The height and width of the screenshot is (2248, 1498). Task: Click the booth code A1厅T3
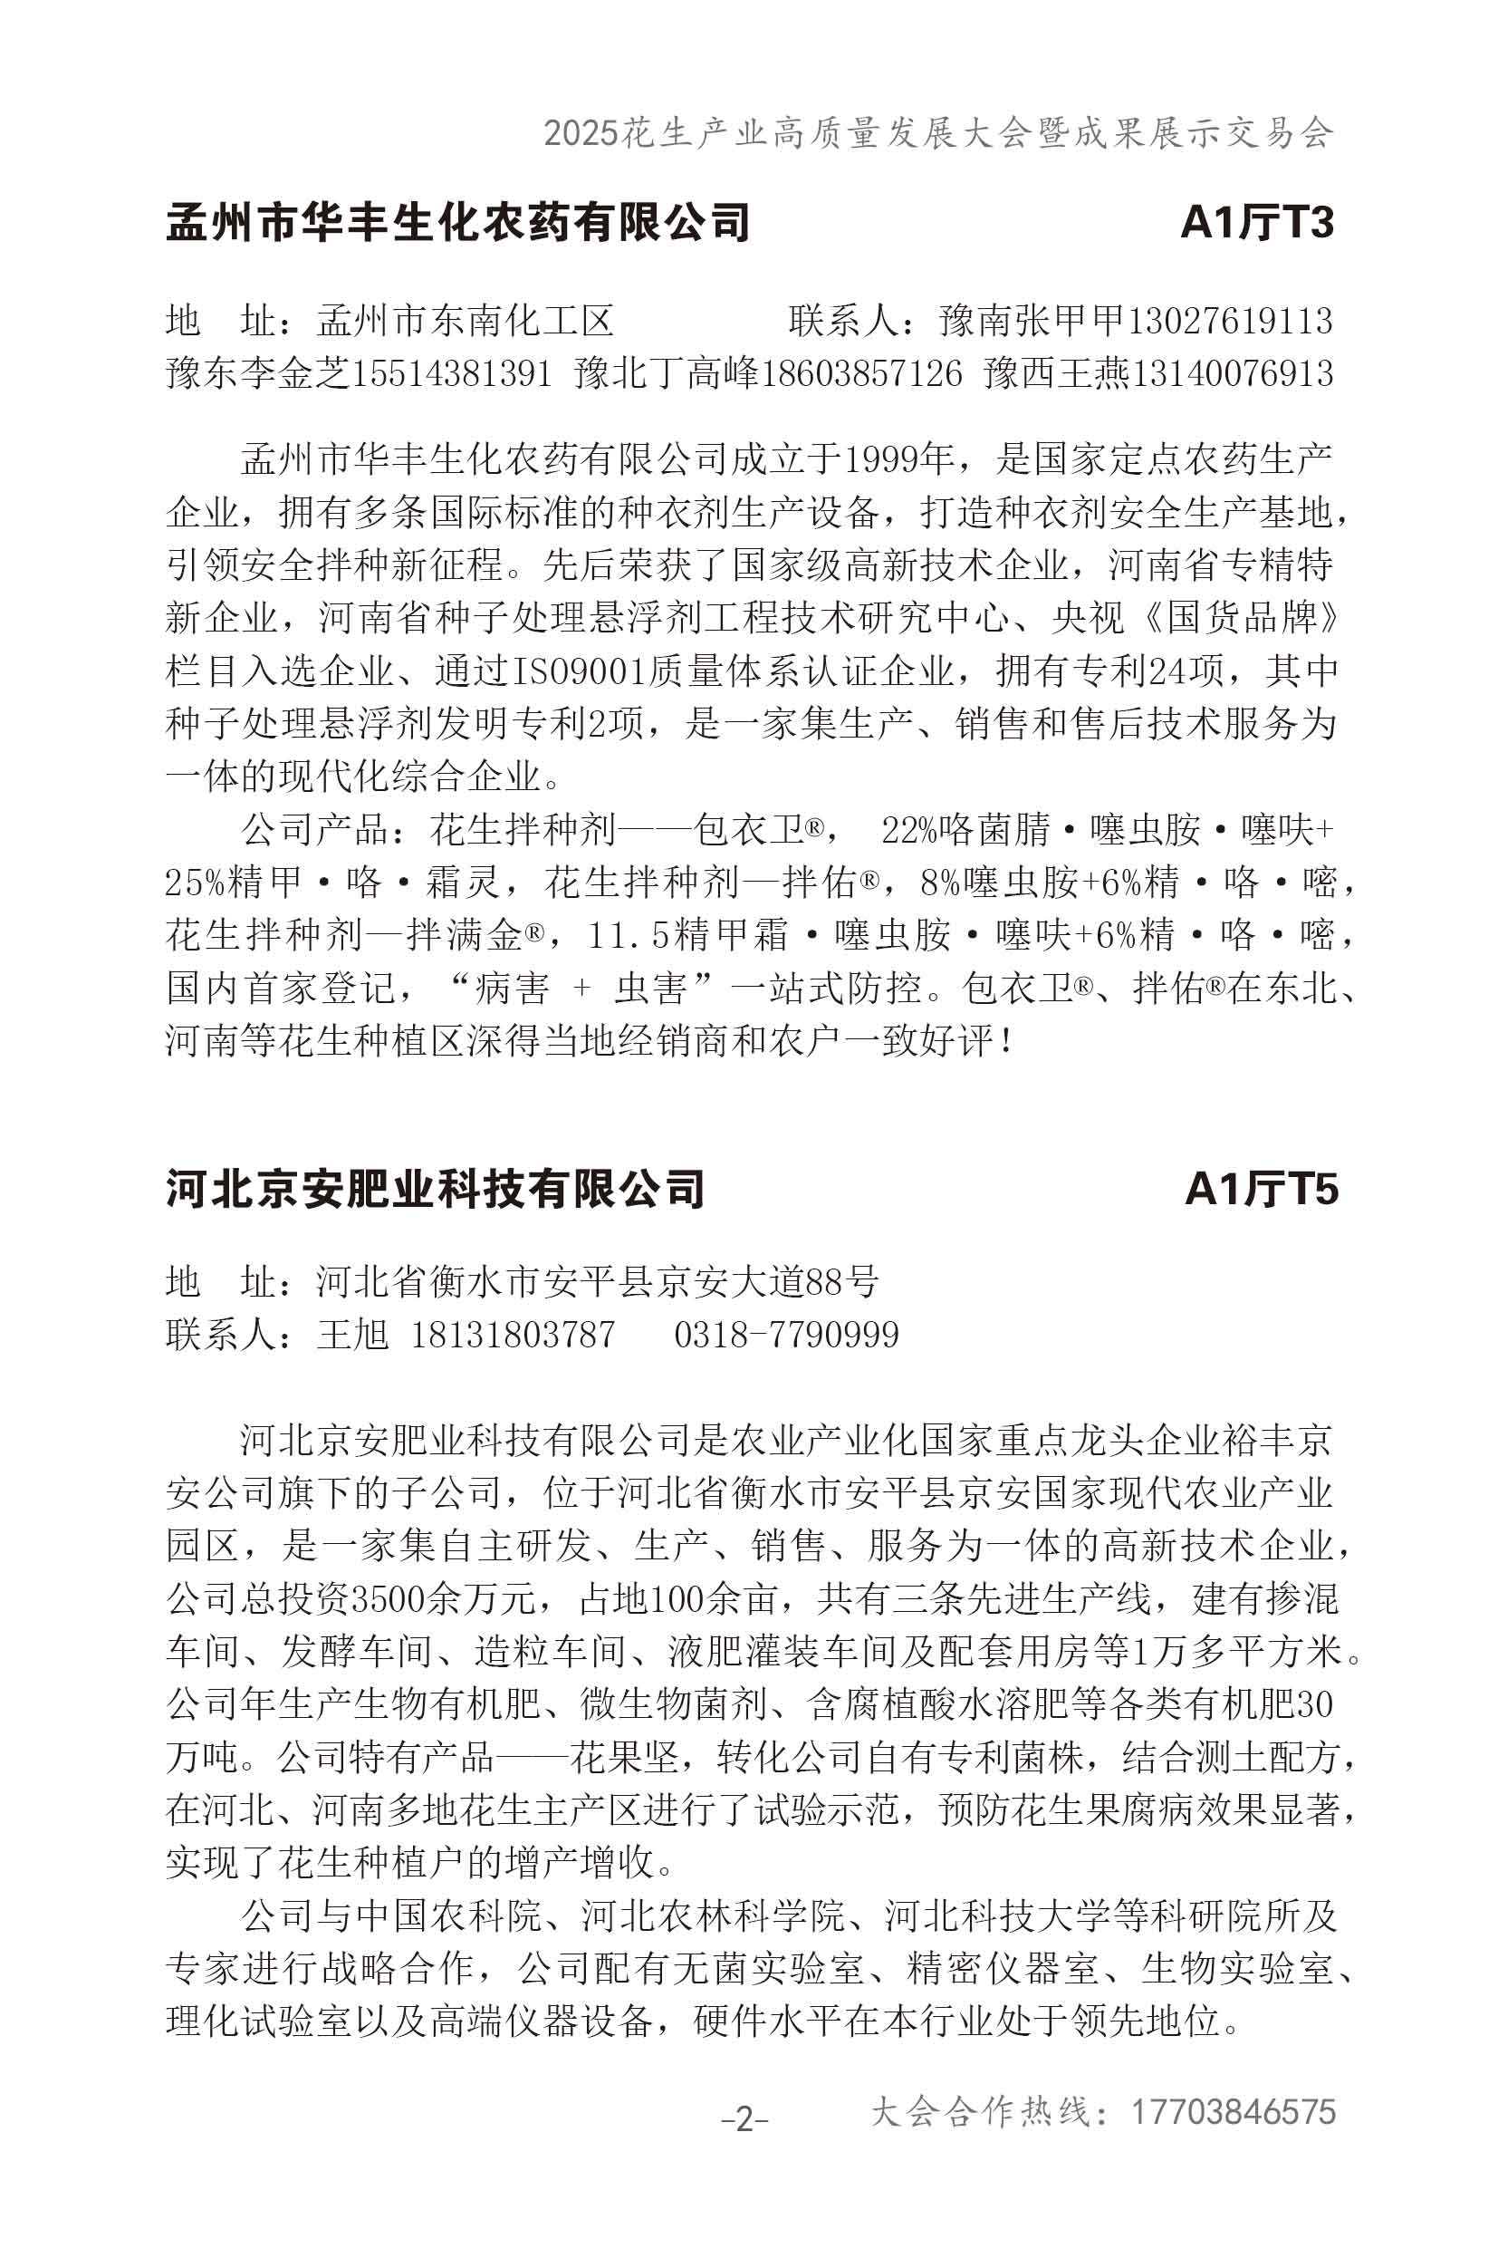click(1256, 222)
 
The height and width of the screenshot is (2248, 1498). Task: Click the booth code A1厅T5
click(1261, 1189)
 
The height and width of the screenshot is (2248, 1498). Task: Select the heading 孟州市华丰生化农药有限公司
click(457, 222)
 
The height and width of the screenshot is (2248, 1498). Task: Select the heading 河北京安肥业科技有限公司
click(436, 1189)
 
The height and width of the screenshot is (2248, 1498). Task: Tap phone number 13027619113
click(1231, 321)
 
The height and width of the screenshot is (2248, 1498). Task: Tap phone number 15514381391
click(453, 372)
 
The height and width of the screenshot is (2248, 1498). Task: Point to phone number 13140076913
click(1232, 372)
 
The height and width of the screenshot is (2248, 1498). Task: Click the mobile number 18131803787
click(513, 1335)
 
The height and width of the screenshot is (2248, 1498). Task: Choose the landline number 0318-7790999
click(786, 1335)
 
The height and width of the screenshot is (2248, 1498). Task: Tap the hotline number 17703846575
click(1234, 2111)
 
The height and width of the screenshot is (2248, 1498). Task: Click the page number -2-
click(744, 2120)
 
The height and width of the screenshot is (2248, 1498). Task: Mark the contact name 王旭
click(352, 1335)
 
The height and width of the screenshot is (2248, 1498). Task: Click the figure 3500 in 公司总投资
click(389, 1598)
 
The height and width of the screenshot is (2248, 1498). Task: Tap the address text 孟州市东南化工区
click(466, 321)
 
